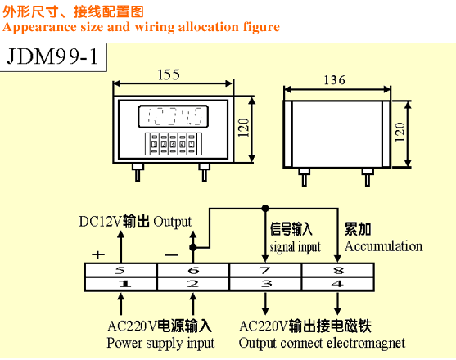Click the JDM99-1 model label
[52, 56]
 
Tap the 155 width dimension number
[169, 74]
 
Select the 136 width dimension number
[335, 80]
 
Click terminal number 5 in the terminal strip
[120, 271]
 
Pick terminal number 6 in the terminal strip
[193, 271]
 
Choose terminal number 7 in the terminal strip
[265, 271]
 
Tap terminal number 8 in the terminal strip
[338, 271]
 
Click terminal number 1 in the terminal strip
[125, 284]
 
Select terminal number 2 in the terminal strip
[193, 284]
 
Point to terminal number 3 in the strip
[266, 284]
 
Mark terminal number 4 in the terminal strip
[337, 284]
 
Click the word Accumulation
[384, 246]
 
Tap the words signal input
[296, 248]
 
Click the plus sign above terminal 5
[98, 254]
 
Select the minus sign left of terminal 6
[171, 255]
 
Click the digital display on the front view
[174, 116]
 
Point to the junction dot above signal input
[265, 208]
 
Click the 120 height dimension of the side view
[400, 133]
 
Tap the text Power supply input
[160, 344]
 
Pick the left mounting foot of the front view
[138, 173]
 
